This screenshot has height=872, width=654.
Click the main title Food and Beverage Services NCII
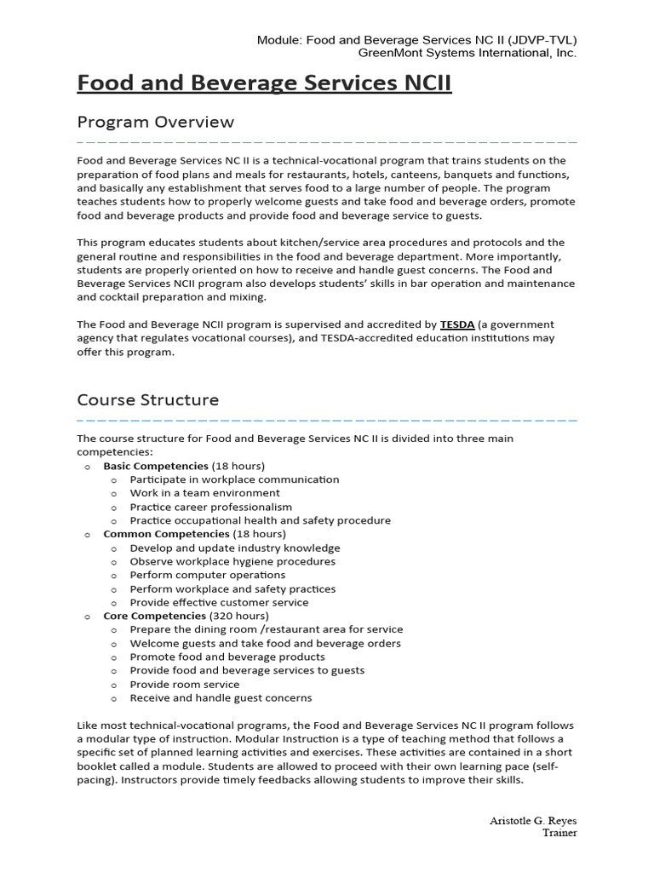tap(264, 83)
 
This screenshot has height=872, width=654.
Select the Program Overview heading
tap(155, 122)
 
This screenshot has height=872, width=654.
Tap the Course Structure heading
tap(147, 399)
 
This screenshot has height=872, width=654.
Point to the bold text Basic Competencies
tap(155, 466)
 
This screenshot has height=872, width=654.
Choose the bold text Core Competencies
tap(154, 616)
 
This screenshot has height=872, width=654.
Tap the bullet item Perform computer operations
tap(208, 575)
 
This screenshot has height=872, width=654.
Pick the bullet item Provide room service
tap(185, 684)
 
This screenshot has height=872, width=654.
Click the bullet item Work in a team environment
tap(204, 493)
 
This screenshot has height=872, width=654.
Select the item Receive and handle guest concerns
tap(221, 697)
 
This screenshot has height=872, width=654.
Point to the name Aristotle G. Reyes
tap(533, 820)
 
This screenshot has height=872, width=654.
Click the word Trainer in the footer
tap(559, 833)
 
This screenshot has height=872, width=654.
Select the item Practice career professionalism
tap(210, 507)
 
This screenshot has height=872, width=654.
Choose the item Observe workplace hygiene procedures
tap(232, 561)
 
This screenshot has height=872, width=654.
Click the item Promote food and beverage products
tap(227, 657)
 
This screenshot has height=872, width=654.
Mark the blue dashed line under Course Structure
tap(327, 420)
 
